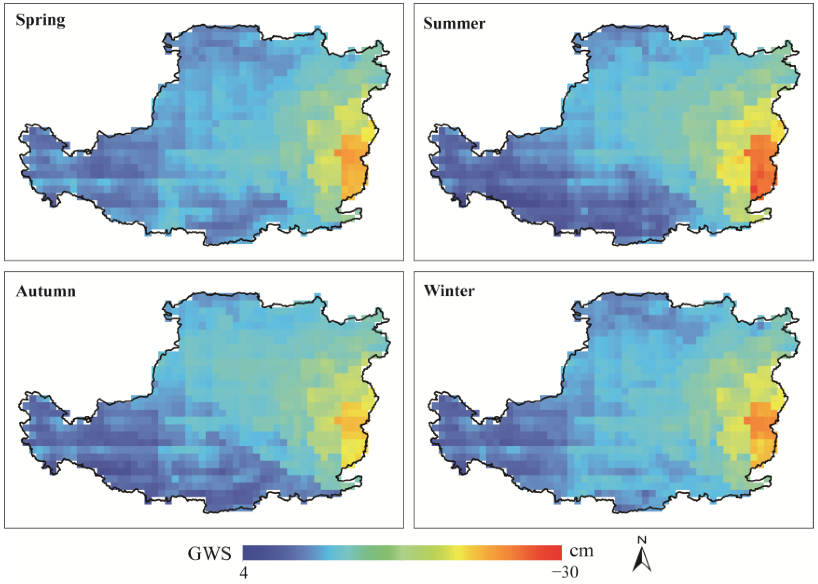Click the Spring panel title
tap(40, 20)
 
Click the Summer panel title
tap(454, 24)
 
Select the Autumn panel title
tap(46, 291)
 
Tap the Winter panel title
tap(449, 291)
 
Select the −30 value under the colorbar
tap(565, 572)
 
